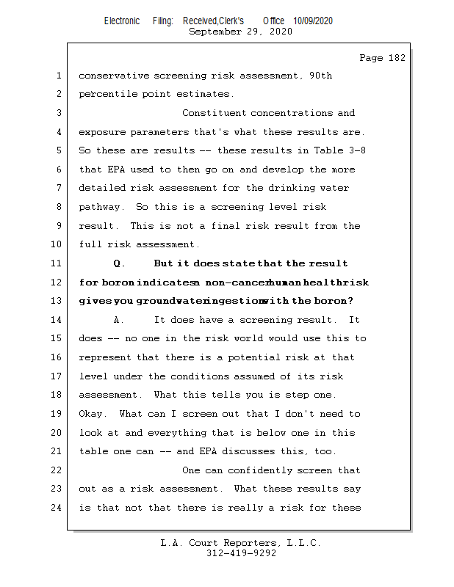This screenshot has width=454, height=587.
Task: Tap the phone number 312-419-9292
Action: tap(241, 554)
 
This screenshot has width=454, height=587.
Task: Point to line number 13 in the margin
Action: tap(58, 301)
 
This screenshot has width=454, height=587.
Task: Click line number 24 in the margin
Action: tap(58, 507)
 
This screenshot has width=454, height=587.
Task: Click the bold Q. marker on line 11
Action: tap(120, 263)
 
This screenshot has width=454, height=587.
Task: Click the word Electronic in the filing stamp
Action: tap(122, 21)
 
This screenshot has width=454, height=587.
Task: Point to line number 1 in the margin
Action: tap(58, 76)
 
